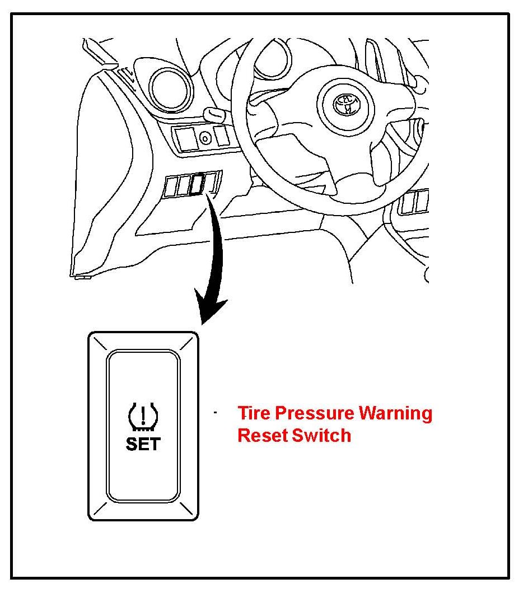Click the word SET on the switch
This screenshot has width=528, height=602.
(x=143, y=444)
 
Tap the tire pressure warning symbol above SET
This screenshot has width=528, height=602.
(x=143, y=417)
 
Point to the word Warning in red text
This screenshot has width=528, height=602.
(x=395, y=413)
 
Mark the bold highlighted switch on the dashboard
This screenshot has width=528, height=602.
(x=197, y=185)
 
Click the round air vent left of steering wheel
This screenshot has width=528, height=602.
(x=171, y=88)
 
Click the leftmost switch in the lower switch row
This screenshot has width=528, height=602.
(x=170, y=187)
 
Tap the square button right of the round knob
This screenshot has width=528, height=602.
(x=223, y=136)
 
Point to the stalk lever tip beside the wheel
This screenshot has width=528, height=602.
(x=213, y=115)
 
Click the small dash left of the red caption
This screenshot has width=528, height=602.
(x=215, y=413)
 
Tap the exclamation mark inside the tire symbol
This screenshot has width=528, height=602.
(x=143, y=414)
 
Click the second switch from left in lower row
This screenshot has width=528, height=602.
(x=183, y=186)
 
